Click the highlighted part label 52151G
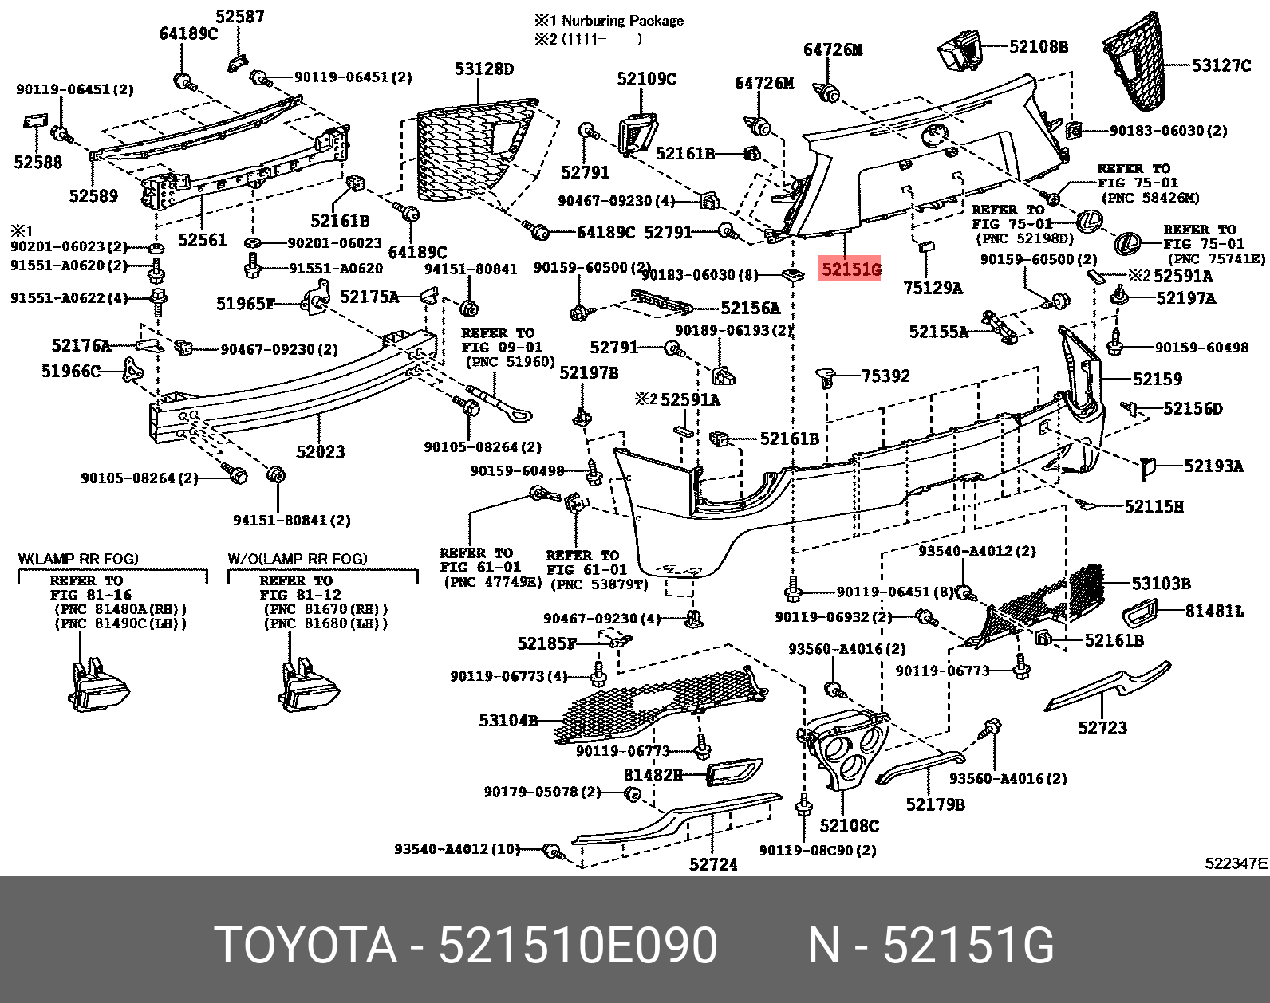[851, 269]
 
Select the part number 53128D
[484, 69]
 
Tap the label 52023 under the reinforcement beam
[320, 452]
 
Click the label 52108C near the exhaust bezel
[849, 825]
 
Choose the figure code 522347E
[1236, 863]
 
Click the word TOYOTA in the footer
[306, 946]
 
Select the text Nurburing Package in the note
[622, 21]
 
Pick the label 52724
[713, 864]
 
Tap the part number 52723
[1102, 727]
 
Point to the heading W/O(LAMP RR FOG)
[298, 559]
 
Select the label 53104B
[508, 721]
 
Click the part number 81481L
[1214, 612]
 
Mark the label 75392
[885, 376]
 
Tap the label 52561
[203, 240]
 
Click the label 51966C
[71, 371]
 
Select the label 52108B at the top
[1038, 47]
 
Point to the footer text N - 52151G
[931, 946]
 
